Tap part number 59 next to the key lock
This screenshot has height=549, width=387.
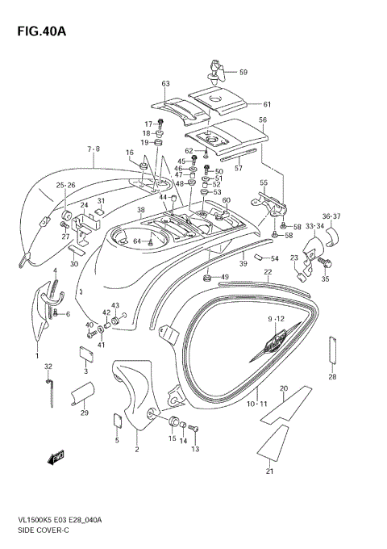point(243,73)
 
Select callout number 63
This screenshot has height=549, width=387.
point(166,83)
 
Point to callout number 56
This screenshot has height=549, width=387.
point(262,119)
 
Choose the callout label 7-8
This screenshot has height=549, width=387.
point(94,149)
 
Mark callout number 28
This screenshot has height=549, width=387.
point(332,377)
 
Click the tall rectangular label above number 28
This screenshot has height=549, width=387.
point(332,351)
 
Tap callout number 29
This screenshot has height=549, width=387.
point(84,413)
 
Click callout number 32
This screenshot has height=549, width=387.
point(48,367)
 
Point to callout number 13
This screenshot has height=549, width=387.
point(193,449)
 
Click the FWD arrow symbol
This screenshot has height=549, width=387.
point(56,459)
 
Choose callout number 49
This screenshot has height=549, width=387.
point(225,277)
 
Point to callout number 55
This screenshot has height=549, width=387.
point(263,183)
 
